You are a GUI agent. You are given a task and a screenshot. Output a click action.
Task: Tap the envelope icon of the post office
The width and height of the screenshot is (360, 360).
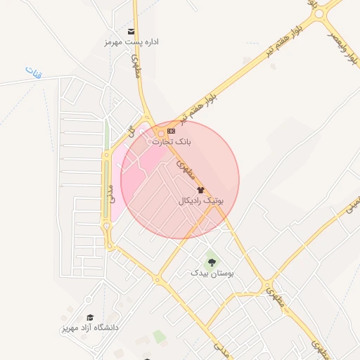[131, 32]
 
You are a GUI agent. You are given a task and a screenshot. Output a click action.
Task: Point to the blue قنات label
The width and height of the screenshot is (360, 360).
[33, 71]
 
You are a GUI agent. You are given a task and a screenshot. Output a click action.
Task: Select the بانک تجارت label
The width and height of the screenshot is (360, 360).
[172, 141]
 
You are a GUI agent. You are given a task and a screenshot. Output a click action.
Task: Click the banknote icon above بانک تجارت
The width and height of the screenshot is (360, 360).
[171, 131]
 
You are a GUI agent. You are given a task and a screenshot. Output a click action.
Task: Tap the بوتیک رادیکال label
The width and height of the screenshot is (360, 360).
[201, 200]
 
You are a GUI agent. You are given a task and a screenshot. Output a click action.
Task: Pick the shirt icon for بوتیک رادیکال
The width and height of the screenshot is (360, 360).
[201, 190]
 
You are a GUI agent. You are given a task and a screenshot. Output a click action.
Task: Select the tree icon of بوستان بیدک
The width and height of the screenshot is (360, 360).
[212, 262]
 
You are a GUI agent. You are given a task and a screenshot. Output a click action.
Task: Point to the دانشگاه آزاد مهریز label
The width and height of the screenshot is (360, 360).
[89, 328]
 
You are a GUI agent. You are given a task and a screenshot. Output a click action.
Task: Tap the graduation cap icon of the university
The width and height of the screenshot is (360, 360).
[89, 317]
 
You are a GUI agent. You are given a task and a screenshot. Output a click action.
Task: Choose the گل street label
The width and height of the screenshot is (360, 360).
[129, 131]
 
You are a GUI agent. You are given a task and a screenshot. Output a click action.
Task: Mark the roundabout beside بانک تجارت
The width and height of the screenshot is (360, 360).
[160, 132]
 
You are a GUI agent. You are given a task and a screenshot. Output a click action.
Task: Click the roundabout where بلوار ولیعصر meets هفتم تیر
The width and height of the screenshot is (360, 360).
[321, 13]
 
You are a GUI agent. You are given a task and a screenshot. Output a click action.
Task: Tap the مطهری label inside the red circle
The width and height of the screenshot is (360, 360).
[186, 169]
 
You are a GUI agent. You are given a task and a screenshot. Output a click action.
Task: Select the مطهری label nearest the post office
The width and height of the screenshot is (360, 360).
[137, 66]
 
